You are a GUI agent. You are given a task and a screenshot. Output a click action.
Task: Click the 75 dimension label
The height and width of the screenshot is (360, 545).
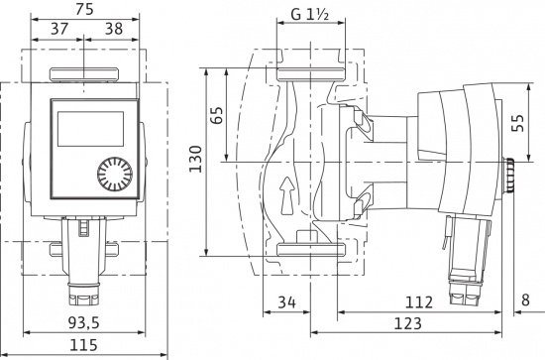[x=84, y=9]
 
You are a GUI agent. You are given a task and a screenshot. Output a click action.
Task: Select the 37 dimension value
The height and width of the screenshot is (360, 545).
[x=59, y=29]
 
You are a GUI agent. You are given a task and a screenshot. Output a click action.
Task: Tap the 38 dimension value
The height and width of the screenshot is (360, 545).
[x=114, y=29]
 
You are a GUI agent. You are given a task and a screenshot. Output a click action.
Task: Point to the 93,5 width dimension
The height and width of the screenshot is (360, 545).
[x=83, y=323]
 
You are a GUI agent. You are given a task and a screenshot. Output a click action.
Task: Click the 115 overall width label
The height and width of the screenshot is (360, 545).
[x=84, y=345]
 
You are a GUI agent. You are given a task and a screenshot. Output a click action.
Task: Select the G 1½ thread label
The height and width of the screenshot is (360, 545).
[x=310, y=15]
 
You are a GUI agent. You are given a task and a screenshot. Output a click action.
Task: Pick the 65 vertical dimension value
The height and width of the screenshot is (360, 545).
[x=217, y=115]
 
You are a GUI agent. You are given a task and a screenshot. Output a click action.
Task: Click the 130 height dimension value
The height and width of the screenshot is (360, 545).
[x=195, y=159]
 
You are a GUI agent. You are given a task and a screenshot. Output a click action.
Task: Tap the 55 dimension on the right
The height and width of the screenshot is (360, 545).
[x=518, y=123]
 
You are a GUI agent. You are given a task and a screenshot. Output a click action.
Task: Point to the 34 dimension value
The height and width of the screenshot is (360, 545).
[x=286, y=301]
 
